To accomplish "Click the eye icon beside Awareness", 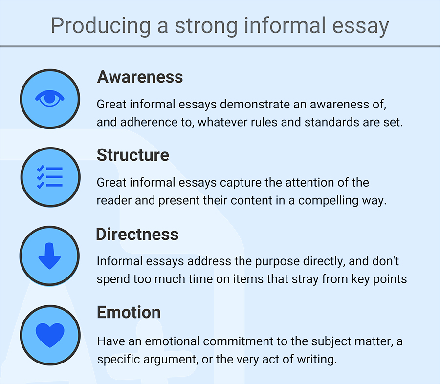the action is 50,99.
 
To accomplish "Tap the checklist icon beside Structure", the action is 50,177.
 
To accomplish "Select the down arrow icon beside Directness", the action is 50,256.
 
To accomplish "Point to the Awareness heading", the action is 140,77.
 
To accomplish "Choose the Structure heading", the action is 132,155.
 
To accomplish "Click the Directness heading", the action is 137,234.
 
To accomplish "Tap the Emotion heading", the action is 129,312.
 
